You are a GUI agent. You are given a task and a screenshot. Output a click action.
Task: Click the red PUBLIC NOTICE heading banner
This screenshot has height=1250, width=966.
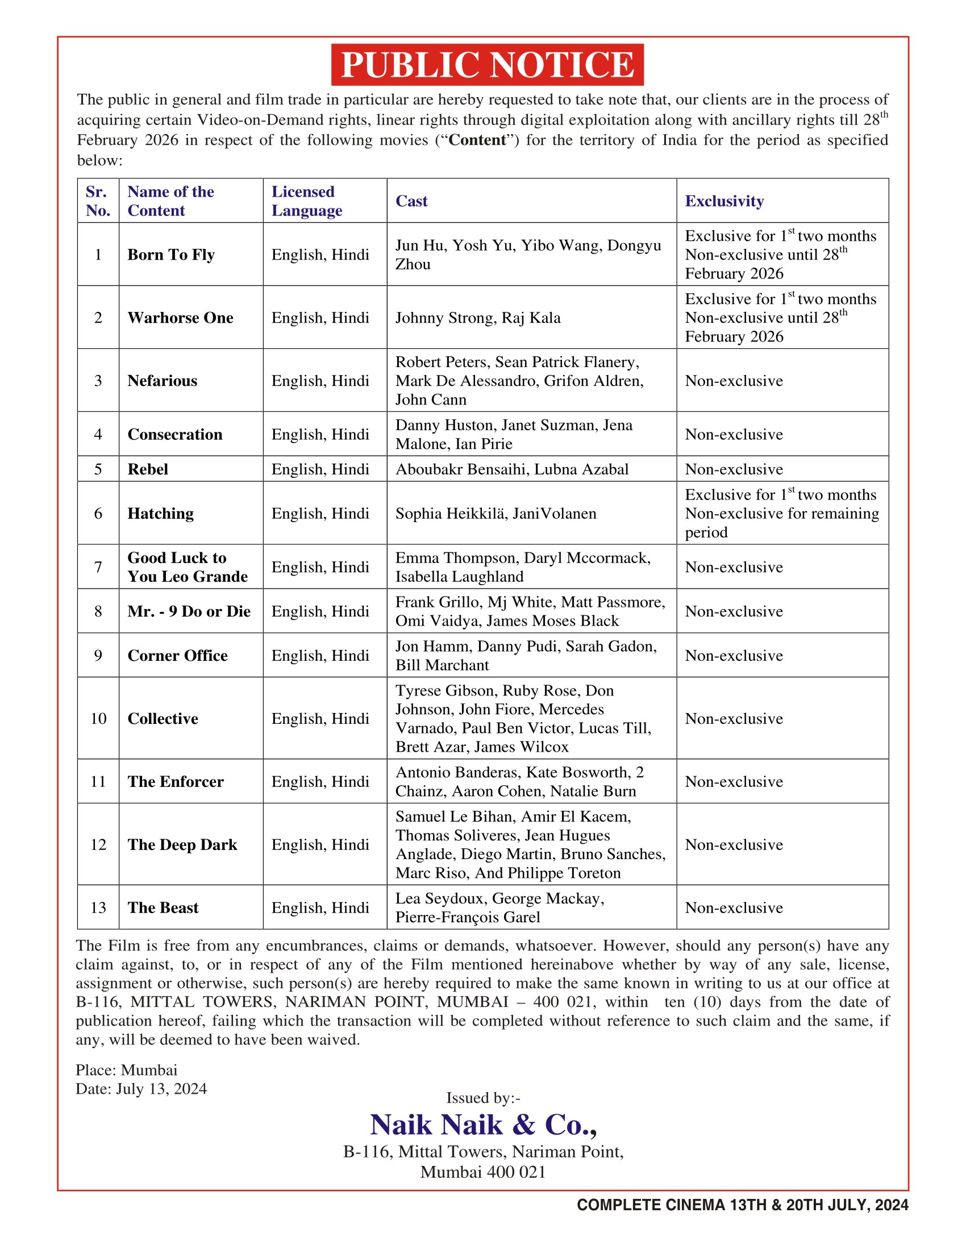[x=487, y=65]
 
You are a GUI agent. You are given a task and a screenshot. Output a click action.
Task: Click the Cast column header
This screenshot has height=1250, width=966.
[x=411, y=201]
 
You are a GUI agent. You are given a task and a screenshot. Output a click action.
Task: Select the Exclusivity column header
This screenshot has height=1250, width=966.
[x=724, y=201]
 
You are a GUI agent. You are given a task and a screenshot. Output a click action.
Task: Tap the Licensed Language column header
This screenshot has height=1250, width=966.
[x=307, y=201]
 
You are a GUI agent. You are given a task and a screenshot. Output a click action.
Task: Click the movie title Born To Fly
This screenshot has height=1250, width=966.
[x=171, y=255]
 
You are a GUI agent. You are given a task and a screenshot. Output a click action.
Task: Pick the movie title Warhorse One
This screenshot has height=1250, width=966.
[x=180, y=318]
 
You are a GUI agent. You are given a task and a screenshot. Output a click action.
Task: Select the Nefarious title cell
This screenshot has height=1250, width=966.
[x=162, y=381]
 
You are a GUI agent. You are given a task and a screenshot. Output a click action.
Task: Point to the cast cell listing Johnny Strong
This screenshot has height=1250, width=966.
[x=478, y=318]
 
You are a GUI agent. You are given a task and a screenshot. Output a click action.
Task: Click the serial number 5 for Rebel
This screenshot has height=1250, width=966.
[x=98, y=469]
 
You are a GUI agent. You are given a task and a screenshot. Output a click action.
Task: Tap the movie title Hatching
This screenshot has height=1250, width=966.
[x=160, y=514]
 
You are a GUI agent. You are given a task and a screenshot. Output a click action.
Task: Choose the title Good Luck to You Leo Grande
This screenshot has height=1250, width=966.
[x=187, y=567]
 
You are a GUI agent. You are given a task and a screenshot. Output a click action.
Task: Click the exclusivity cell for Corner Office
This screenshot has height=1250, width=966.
[x=734, y=655]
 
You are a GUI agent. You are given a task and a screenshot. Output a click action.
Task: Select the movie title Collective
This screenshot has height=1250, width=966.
[x=163, y=718]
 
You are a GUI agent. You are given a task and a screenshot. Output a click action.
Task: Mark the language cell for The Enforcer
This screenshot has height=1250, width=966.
[x=320, y=782]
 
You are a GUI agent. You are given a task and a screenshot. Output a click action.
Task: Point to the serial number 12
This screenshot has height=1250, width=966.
[x=98, y=845]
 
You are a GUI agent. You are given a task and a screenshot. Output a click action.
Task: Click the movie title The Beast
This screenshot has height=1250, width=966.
[x=163, y=908]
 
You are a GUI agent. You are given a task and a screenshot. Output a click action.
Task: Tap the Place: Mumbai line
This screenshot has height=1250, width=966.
[x=127, y=1070]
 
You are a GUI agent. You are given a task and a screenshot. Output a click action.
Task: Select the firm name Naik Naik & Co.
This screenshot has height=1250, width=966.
[x=484, y=1124]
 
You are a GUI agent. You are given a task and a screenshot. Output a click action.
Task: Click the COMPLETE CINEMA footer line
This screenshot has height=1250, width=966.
[x=742, y=1205]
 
